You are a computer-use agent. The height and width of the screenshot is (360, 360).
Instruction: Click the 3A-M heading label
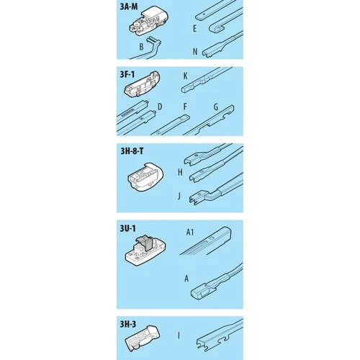129,6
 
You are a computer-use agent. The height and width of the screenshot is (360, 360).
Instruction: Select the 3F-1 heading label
127,74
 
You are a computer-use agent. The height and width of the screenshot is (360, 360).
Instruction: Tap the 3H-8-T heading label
132,151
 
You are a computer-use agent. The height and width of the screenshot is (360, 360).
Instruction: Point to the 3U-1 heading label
127,228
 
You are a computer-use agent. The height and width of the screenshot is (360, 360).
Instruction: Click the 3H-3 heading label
128,324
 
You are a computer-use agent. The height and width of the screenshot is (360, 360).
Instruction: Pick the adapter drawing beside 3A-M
148,22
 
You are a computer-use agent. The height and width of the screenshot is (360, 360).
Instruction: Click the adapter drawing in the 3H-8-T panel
145,177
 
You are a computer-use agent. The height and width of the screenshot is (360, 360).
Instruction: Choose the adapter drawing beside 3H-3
142,336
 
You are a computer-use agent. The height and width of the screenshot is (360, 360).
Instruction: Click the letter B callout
141,47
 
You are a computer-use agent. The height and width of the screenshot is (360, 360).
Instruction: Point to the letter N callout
195,51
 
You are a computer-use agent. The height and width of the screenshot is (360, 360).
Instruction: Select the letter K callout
185,76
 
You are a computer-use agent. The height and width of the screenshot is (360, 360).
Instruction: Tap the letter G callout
216,107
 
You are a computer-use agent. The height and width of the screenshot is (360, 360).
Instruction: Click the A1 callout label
190,232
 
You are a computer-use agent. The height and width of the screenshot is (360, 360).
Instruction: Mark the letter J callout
179,196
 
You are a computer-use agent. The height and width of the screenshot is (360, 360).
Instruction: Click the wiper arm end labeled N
222,45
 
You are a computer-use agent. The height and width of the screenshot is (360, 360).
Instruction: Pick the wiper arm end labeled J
216,189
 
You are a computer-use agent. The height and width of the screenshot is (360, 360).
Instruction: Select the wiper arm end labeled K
207,79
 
